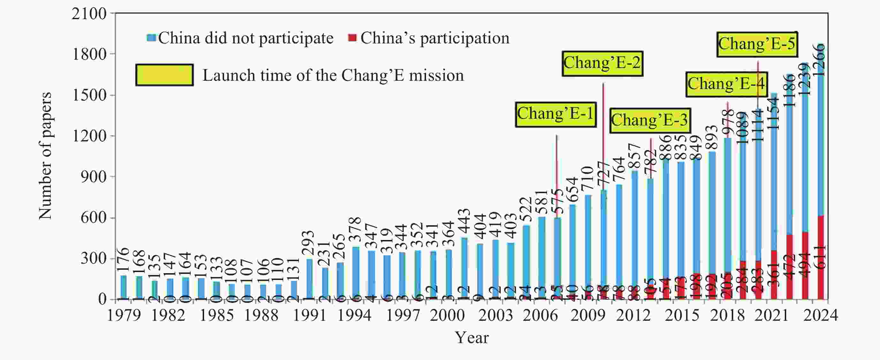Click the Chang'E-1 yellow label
tap(556, 115)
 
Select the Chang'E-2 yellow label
tap(602, 63)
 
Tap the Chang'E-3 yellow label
tap(650, 121)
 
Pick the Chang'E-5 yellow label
tap(757, 44)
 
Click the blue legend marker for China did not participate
tap(151, 38)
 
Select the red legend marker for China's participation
tap(352, 38)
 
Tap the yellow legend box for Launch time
tap(164, 75)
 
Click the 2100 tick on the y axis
tap(89, 14)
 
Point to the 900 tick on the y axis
tap(93, 177)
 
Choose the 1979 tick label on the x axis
tap(124, 315)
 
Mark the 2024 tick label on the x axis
tap(821, 315)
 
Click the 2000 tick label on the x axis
tap(447, 315)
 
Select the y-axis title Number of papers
tap(45, 156)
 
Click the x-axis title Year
tap(471, 338)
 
